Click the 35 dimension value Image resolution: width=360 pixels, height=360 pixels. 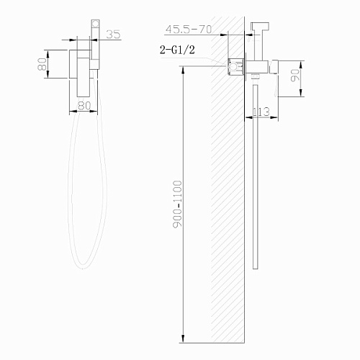(x=113, y=34)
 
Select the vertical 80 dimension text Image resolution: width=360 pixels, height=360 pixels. (x=42, y=64)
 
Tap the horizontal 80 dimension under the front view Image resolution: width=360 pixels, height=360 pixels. (x=84, y=106)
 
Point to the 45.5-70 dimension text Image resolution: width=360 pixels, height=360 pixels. (x=189, y=30)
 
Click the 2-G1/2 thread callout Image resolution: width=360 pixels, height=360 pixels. (x=177, y=50)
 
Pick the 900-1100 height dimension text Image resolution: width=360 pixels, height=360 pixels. (x=178, y=204)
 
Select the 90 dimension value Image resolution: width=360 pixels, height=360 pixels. (x=295, y=76)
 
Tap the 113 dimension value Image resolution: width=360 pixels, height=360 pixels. (x=261, y=112)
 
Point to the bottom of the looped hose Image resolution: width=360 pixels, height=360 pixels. (x=83, y=267)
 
